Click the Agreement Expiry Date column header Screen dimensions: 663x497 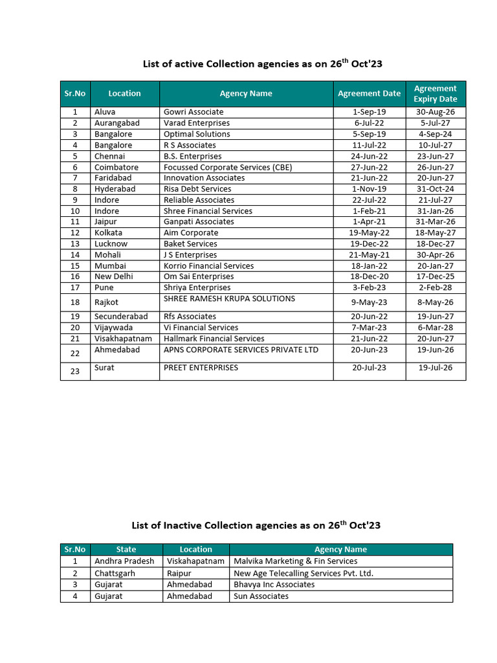436,94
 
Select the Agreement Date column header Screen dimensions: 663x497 369,94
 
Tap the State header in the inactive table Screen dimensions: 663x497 126,549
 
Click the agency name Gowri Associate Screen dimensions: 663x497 193,112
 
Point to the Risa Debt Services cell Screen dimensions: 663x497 197,189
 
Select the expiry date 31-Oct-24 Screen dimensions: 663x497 436,189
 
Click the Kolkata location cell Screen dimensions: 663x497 108,232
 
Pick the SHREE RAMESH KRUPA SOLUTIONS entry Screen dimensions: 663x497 229,298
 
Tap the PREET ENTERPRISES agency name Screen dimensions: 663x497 201,368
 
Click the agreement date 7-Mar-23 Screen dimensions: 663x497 369,328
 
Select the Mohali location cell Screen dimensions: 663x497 107,254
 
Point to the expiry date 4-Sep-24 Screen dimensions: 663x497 436,134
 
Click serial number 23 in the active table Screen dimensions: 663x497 75,371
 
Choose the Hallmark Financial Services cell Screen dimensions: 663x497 214,339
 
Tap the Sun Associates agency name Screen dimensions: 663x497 261,596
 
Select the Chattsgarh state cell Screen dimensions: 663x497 115,573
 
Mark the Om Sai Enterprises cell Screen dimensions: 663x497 199,276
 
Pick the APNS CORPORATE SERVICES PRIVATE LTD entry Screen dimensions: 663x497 241,350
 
